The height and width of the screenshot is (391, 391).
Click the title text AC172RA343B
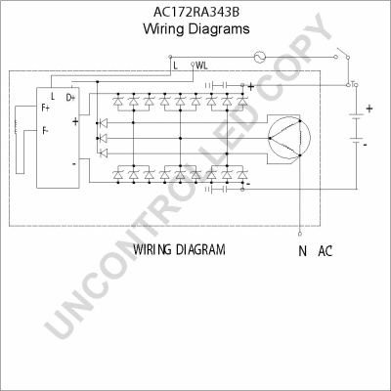coord(196,12)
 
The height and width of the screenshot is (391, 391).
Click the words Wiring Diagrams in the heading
coord(196,28)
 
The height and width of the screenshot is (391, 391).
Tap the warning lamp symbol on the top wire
coord(260,57)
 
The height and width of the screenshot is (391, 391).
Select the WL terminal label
coord(201,65)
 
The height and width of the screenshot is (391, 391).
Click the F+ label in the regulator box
coord(46,108)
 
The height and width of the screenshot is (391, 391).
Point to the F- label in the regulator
coord(45,131)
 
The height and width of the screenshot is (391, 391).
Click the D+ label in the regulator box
coord(70,98)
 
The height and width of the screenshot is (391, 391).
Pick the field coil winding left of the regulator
coord(16,127)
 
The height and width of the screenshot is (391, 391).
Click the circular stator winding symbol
coord(288,138)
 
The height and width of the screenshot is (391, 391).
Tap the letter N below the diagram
coord(302,251)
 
